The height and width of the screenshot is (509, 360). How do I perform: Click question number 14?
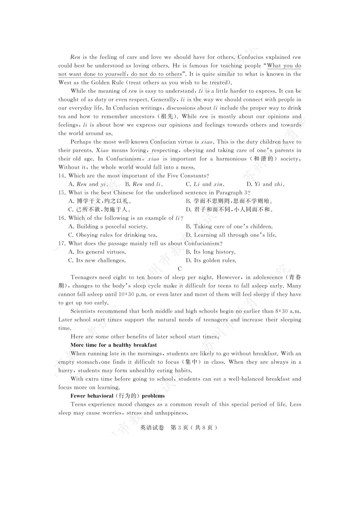(62, 176)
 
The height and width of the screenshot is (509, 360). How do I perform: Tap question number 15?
(62, 193)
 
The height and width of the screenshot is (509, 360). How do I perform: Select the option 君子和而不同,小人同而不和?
(229, 210)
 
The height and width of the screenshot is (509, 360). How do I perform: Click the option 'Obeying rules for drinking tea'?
(112, 235)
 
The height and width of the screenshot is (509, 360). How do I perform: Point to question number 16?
(62, 218)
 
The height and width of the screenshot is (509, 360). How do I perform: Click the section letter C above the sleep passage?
(180, 269)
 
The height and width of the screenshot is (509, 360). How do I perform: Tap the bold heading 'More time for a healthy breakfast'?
(113, 345)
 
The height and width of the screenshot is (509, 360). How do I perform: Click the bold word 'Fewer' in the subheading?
(78, 396)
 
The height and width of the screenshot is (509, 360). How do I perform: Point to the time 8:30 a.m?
(288, 311)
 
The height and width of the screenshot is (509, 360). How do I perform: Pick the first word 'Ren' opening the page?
(75, 57)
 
